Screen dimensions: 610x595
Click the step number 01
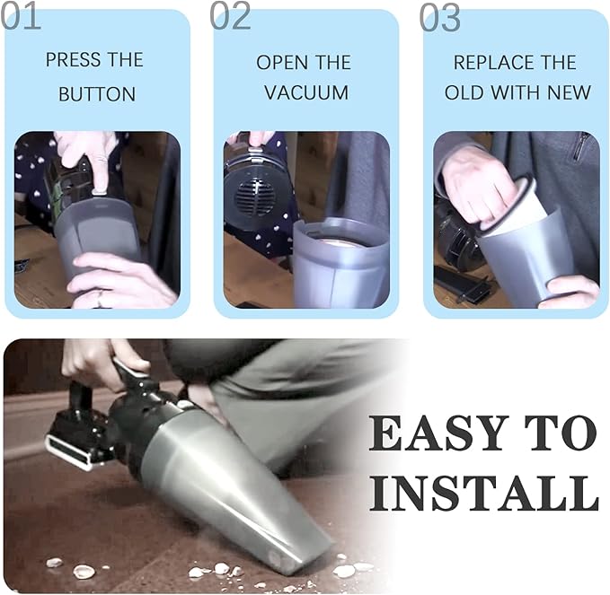(x=21, y=16)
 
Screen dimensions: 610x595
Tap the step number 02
(x=230, y=16)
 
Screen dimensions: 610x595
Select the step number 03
(x=439, y=16)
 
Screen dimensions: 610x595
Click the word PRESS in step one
(x=73, y=60)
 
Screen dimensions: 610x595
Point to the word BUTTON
(x=97, y=94)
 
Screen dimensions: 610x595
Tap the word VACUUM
(x=306, y=92)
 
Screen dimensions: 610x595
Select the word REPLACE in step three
(x=492, y=63)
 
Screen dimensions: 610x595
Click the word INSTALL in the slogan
(x=484, y=493)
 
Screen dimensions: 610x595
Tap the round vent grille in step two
(x=252, y=194)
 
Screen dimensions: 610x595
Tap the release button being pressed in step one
(x=100, y=191)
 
